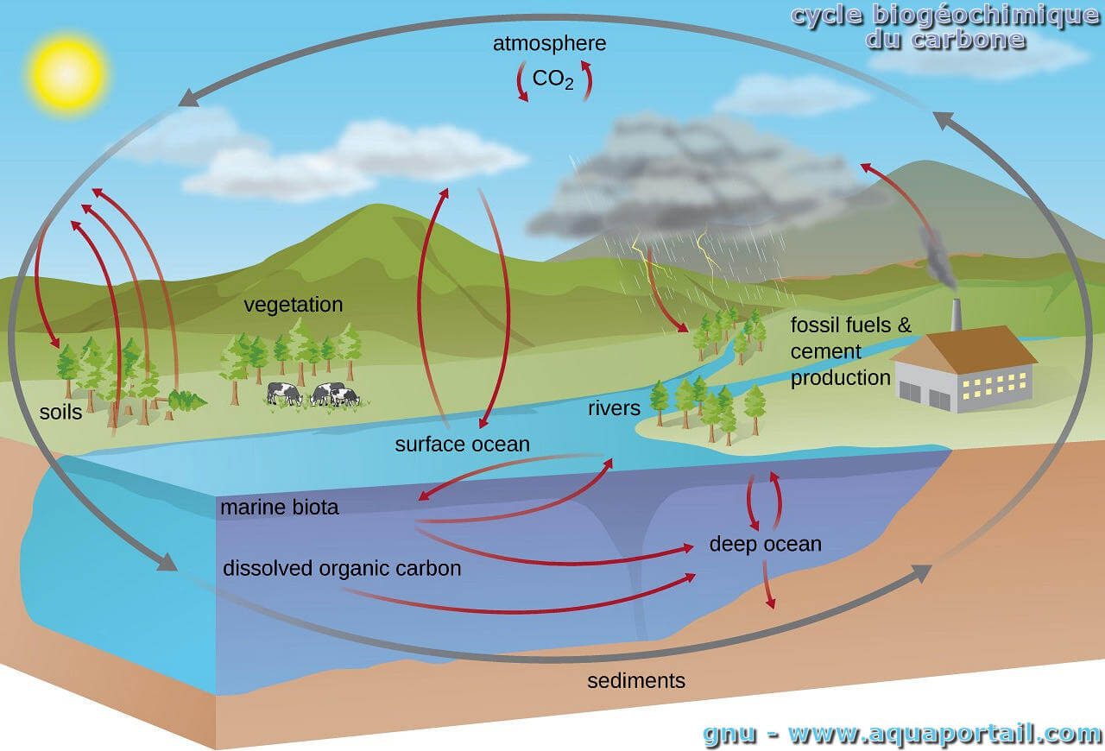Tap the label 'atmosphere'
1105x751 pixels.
(549, 43)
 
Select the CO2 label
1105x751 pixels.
(552, 80)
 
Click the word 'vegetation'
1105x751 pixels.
(293, 305)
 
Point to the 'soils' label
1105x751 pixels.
(61, 412)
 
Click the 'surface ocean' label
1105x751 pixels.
(462, 445)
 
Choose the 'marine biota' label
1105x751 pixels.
(279, 508)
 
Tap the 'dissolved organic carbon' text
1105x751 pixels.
(342, 569)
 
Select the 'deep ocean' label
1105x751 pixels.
(765, 545)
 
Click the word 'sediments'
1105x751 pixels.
(636, 681)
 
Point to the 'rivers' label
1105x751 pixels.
(614, 407)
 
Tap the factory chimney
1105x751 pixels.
(956, 315)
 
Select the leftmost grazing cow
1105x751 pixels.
(285, 394)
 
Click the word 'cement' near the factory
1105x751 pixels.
(826, 352)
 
